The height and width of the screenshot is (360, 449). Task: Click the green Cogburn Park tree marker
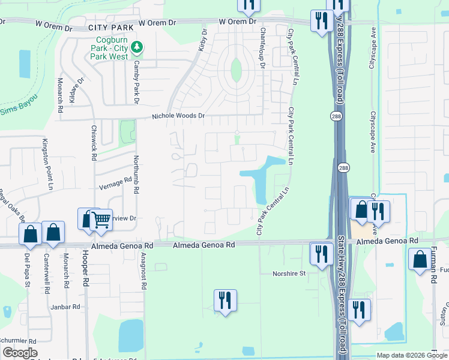(x=137, y=46)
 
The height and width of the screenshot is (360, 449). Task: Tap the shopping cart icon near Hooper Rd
(x=101, y=220)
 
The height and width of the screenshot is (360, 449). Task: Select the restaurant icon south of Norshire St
(x=225, y=299)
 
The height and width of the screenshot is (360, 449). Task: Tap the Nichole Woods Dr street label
(x=178, y=115)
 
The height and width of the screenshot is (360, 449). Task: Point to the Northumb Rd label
(x=136, y=172)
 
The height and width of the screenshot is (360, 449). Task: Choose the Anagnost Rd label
(x=143, y=271)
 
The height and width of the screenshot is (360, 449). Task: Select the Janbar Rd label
(x=65, y=307)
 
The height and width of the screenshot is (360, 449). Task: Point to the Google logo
(x=20, y=352)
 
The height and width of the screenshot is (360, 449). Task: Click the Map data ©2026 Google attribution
(x=412, y=355)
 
